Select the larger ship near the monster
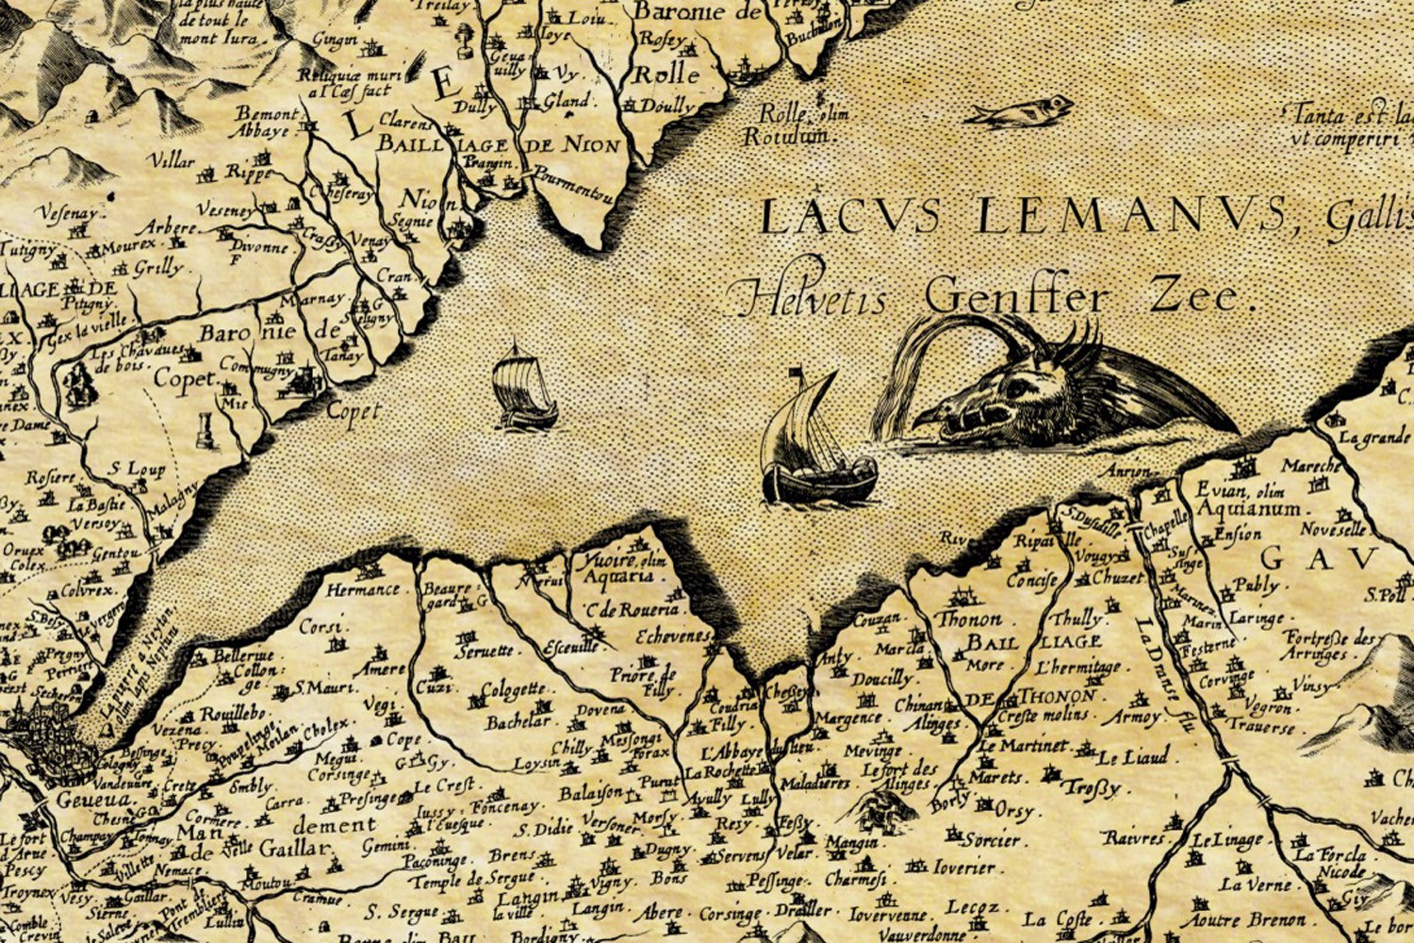click(x=816, y=448)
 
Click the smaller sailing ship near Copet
click(x=523, y=389)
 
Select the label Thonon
click(x=969, y=620)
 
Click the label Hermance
click(x=363, y=590)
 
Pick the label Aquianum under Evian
click(x=1249, y=510)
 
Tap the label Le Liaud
click(x=1133, y=756)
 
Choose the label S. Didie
click(x=544, y=830)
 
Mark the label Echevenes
click(x=671, y=637)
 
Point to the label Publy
click(x=1256, y=586)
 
